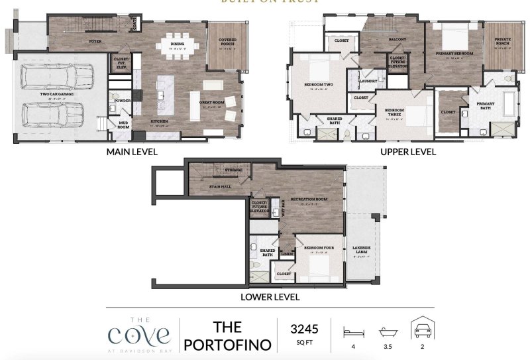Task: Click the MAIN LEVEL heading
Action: (x=131, y=152)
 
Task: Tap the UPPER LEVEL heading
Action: (x=409, y=152)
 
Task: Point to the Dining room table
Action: (x=176, y=46)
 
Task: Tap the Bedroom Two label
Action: (x=318, y=85)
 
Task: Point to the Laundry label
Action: (x=368, y=81)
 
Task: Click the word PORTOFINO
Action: (x=228, y=345)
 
